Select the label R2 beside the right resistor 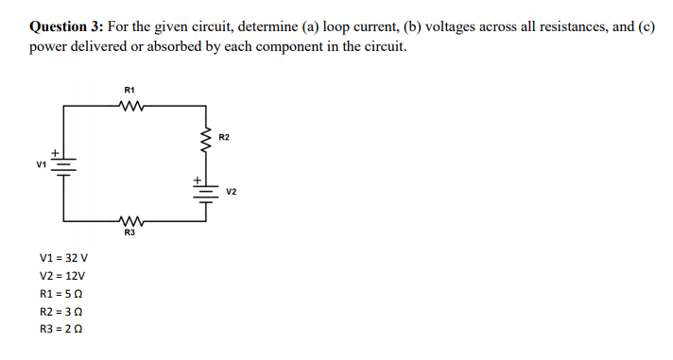pos(223,138)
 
